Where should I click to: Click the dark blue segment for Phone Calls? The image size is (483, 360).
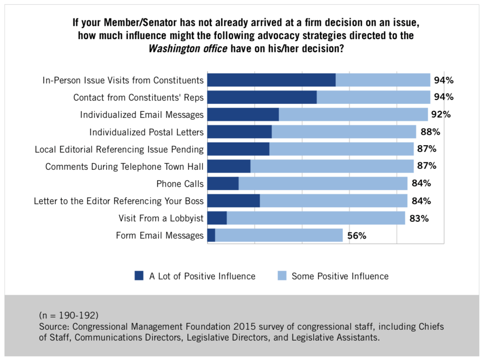click(223, 184)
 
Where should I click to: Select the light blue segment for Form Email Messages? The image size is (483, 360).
click(279, 235)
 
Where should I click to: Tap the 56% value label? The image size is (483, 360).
click(357, 235)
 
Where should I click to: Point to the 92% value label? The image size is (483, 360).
click(441, 115)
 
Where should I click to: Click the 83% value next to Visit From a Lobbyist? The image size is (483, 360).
click(419, 218)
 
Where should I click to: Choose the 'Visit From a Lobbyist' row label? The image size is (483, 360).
click(161, 218)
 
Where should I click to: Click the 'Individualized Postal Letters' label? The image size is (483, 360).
click(146, 132)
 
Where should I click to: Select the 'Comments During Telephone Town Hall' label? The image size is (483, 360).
click(125, 167)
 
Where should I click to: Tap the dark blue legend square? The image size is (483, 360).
click(139, 276)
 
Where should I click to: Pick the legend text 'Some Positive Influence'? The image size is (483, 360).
click(340, 276)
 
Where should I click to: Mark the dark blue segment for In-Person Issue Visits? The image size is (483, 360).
click(271, 80)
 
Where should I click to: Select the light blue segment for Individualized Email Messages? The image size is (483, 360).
click(353, 115)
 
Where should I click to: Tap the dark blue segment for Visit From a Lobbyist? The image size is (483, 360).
click(217, 218)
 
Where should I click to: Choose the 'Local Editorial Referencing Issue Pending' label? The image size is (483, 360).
click(119, 150)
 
